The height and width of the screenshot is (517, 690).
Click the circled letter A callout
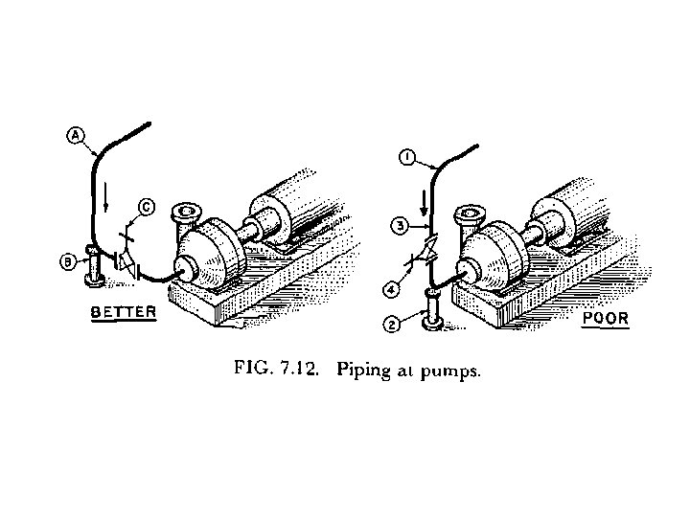75,135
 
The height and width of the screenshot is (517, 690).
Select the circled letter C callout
146,204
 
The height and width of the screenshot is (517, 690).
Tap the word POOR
606,318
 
